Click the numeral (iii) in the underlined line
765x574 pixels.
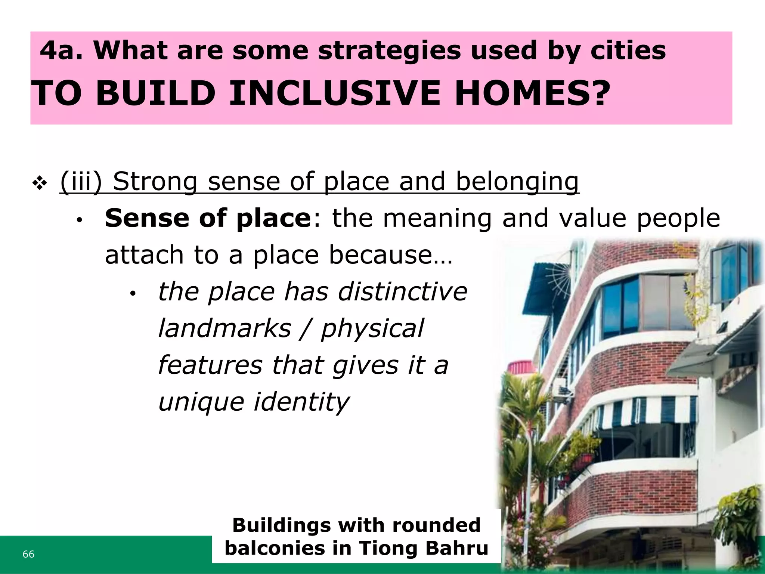point(81,182)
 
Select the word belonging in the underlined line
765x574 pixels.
point(517,182)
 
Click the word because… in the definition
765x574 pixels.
point(391,255)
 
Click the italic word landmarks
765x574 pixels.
point(224,328)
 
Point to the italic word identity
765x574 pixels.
point(302,402)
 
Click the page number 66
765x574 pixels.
point(28,554)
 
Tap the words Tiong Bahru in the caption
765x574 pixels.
point(424,548)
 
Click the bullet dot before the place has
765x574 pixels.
point(133,294)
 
